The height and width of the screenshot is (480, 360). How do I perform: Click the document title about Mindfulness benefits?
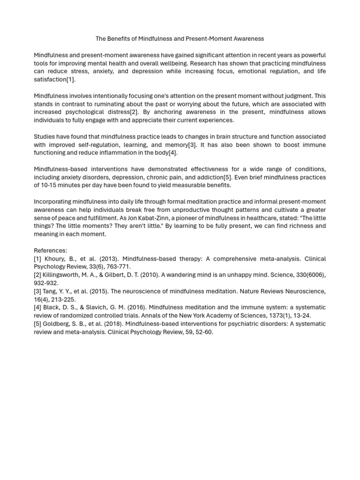pyautogui.click(x=180, y=39)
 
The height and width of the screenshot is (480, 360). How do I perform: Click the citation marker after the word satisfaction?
pyautogui.click(x=71, y=80)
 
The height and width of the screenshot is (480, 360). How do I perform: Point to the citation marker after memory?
pyautogui.click(x=192, y=145)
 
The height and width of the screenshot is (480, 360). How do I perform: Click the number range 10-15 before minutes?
pyautogui.click(x=50, y=185)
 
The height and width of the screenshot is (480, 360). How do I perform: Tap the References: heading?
pyautogui.click(x=51, y=251)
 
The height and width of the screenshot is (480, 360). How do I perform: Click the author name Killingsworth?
pyautogui.click(x=65, y=275)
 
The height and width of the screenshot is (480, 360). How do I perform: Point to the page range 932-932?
pyautogui.click(x=45, y=283)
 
